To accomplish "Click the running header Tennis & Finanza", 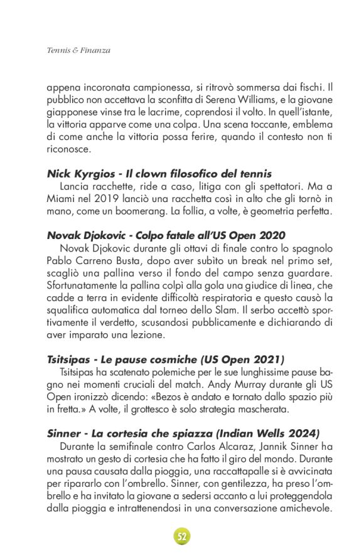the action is [78, 50].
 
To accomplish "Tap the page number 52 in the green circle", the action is [182, 536].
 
